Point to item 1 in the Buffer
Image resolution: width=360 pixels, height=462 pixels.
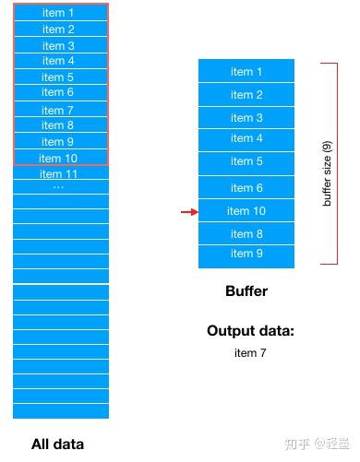coord(246,72)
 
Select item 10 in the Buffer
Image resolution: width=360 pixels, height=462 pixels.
coord(246,211)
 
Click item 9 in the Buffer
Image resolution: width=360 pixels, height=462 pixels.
coord(246,254)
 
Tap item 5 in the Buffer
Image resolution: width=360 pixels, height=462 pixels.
coord(246,161)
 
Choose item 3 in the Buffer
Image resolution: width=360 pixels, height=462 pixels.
coord(246,117)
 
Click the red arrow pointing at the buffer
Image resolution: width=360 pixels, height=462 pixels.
coord(188,212)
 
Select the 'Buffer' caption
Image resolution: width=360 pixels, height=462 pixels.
coord(246,291)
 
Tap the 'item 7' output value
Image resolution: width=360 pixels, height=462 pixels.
coord(250,352)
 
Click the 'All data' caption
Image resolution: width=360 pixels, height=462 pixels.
coord(57,444)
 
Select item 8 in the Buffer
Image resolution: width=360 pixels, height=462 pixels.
coord(246,234)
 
